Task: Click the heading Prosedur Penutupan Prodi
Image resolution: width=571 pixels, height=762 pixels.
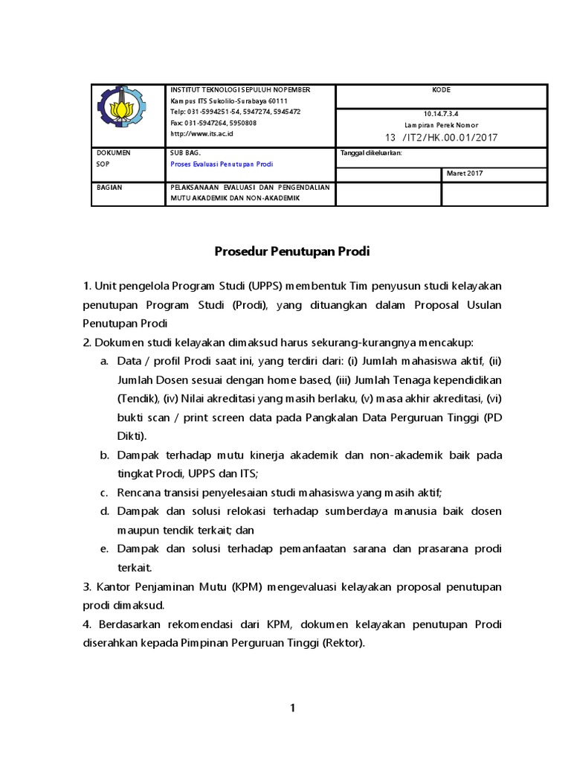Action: (292, 252)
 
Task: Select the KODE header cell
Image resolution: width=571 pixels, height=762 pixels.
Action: (442, 90)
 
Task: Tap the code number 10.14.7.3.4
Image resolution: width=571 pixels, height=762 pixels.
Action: (442, 114)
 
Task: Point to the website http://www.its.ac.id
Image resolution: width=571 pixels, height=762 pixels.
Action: (202, 134)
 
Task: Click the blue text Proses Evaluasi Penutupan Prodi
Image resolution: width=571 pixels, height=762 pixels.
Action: (222, 164)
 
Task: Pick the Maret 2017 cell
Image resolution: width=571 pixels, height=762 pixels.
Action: (465, 174)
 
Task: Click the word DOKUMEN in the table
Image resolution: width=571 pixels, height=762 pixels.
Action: (113, 153)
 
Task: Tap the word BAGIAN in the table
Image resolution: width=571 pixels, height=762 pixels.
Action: (109, 188)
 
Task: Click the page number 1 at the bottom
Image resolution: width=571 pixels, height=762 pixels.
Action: (293, 708)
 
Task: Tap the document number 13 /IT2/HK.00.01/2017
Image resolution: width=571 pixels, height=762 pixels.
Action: (441, 138)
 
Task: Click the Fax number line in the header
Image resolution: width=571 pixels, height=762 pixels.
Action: (213, 123)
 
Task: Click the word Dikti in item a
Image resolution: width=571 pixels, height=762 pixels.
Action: (132, 435)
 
